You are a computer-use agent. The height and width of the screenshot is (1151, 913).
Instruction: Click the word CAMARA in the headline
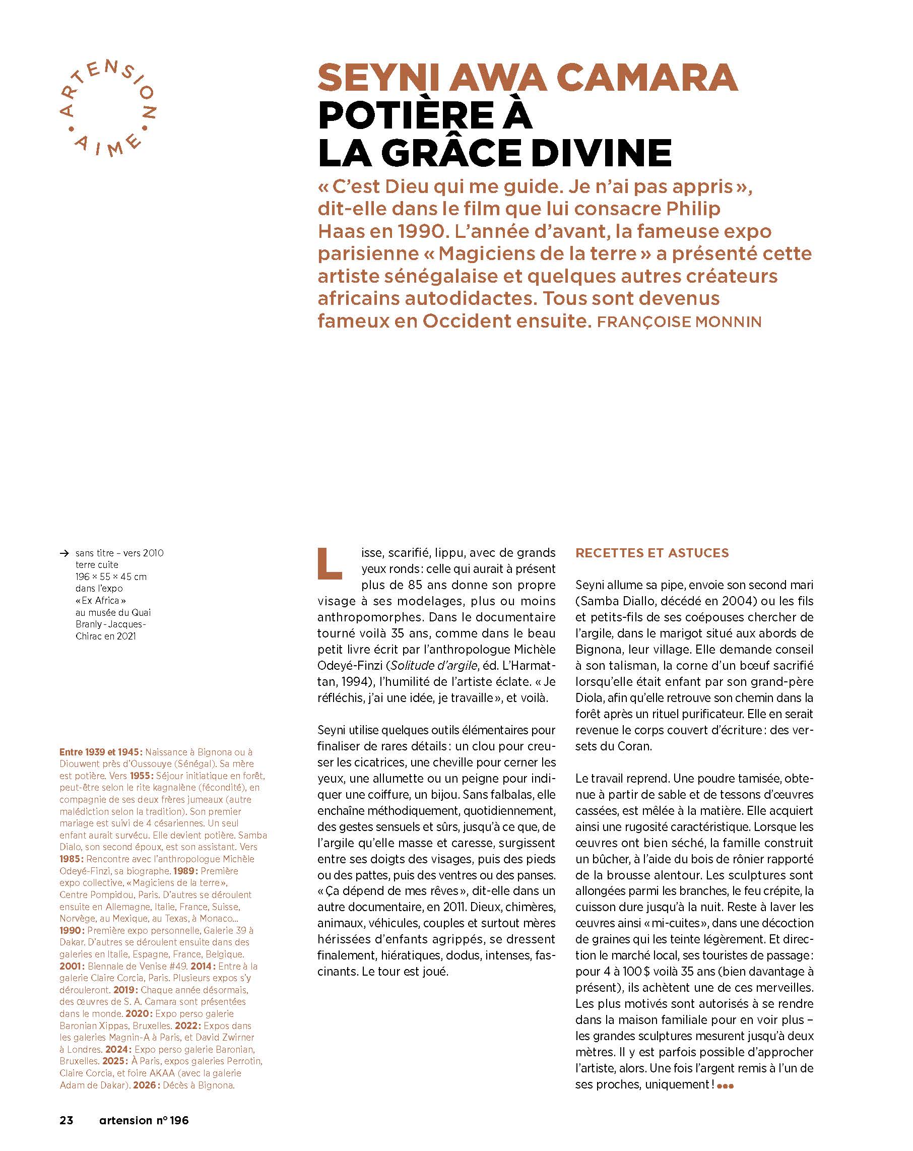tap(646, 78)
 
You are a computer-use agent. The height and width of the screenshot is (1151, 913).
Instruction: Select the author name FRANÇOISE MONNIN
tap(679, 322)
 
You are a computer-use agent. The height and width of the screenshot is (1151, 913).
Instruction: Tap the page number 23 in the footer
tap(66, 1120)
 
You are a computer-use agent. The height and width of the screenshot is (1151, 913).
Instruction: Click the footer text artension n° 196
tap(144, 1120)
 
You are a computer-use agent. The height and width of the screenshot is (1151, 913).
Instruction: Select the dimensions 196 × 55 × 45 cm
tap(110, 577)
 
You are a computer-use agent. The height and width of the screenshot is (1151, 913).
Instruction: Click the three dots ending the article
tap(725, 1086)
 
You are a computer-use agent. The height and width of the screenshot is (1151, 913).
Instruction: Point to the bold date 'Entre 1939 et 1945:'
tap(101, 752)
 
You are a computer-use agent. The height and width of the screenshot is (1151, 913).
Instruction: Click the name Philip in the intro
tap(693, 209)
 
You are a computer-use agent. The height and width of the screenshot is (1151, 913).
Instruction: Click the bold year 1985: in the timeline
tap(72, 859)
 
